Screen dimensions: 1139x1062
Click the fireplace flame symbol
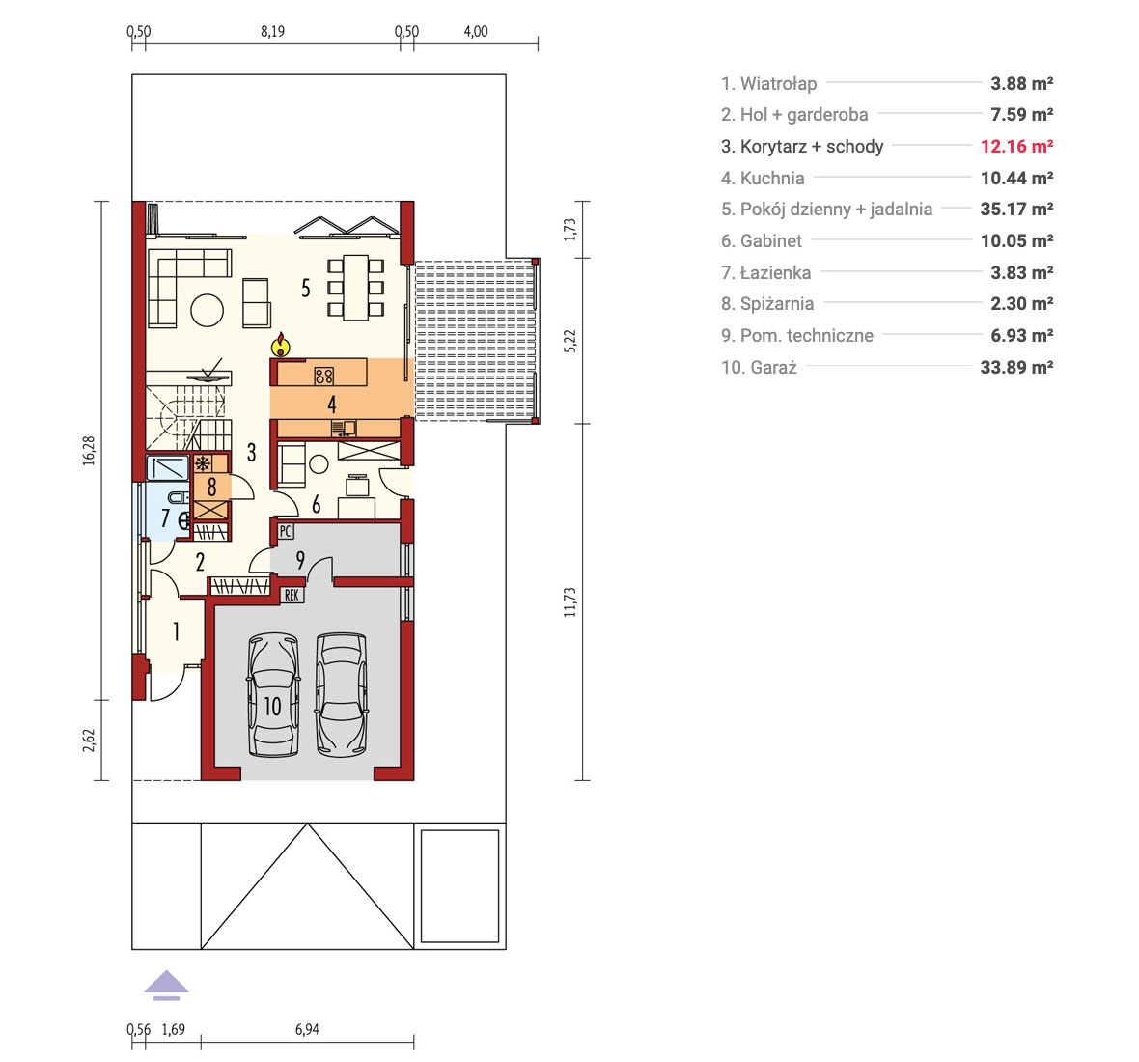(x=280, y=345)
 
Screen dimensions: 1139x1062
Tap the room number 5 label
(x=306, y=289)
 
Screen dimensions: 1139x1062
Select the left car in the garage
(x=273, y=695)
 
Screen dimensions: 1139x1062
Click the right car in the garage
(x=342, y=695)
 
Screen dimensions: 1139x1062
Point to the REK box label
(x=292, y=595)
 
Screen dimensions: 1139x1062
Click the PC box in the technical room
(x=286, y=531)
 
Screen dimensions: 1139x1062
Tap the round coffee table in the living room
(x=207, y=310)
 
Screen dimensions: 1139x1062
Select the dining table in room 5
(x=356, y=287)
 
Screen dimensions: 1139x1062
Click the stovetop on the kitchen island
(x=324, y=376)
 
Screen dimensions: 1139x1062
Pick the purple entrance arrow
(x=166, y=985)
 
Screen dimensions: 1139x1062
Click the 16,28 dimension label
(x=89, y=450)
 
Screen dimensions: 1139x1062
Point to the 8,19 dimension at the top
(x=272, y=31)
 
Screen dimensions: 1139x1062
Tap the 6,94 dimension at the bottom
(x=307, y=1029)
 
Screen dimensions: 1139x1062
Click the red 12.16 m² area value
(x=1017, y=146)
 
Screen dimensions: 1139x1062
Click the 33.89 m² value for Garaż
(x=1017, y=367)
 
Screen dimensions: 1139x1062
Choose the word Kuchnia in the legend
(x=772, y=178)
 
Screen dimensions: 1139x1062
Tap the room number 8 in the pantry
(x=212, y=487)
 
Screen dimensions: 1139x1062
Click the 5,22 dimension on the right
(x=570, y=341)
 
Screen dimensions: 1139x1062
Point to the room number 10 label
(x=272, y=706)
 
